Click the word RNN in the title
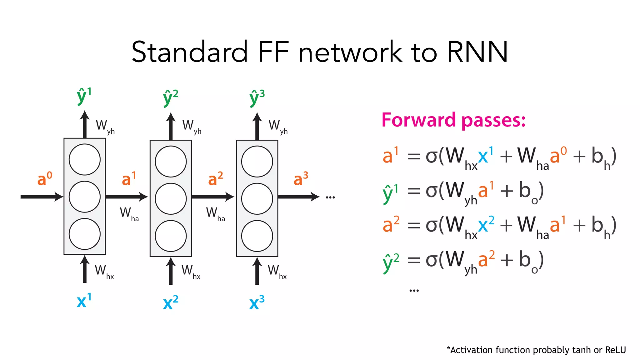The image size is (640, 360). [x=477, y=52]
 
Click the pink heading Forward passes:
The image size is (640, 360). [x=453, y=120]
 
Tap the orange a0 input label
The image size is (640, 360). [x=45, y=179]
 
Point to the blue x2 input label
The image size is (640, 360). [x=170, y=302]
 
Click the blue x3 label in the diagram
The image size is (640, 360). [x=257, y=302]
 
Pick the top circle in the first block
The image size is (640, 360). [x=85, y=160]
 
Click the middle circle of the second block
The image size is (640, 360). [x=171, y=199]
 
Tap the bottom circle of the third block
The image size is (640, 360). [x=257, y=236]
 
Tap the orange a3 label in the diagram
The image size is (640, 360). [x=301, y=179]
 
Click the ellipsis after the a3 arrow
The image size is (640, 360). [x=330, y=197]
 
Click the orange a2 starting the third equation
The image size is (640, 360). [x=391, y=224]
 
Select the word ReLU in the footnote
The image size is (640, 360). [x=615, y=350]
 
